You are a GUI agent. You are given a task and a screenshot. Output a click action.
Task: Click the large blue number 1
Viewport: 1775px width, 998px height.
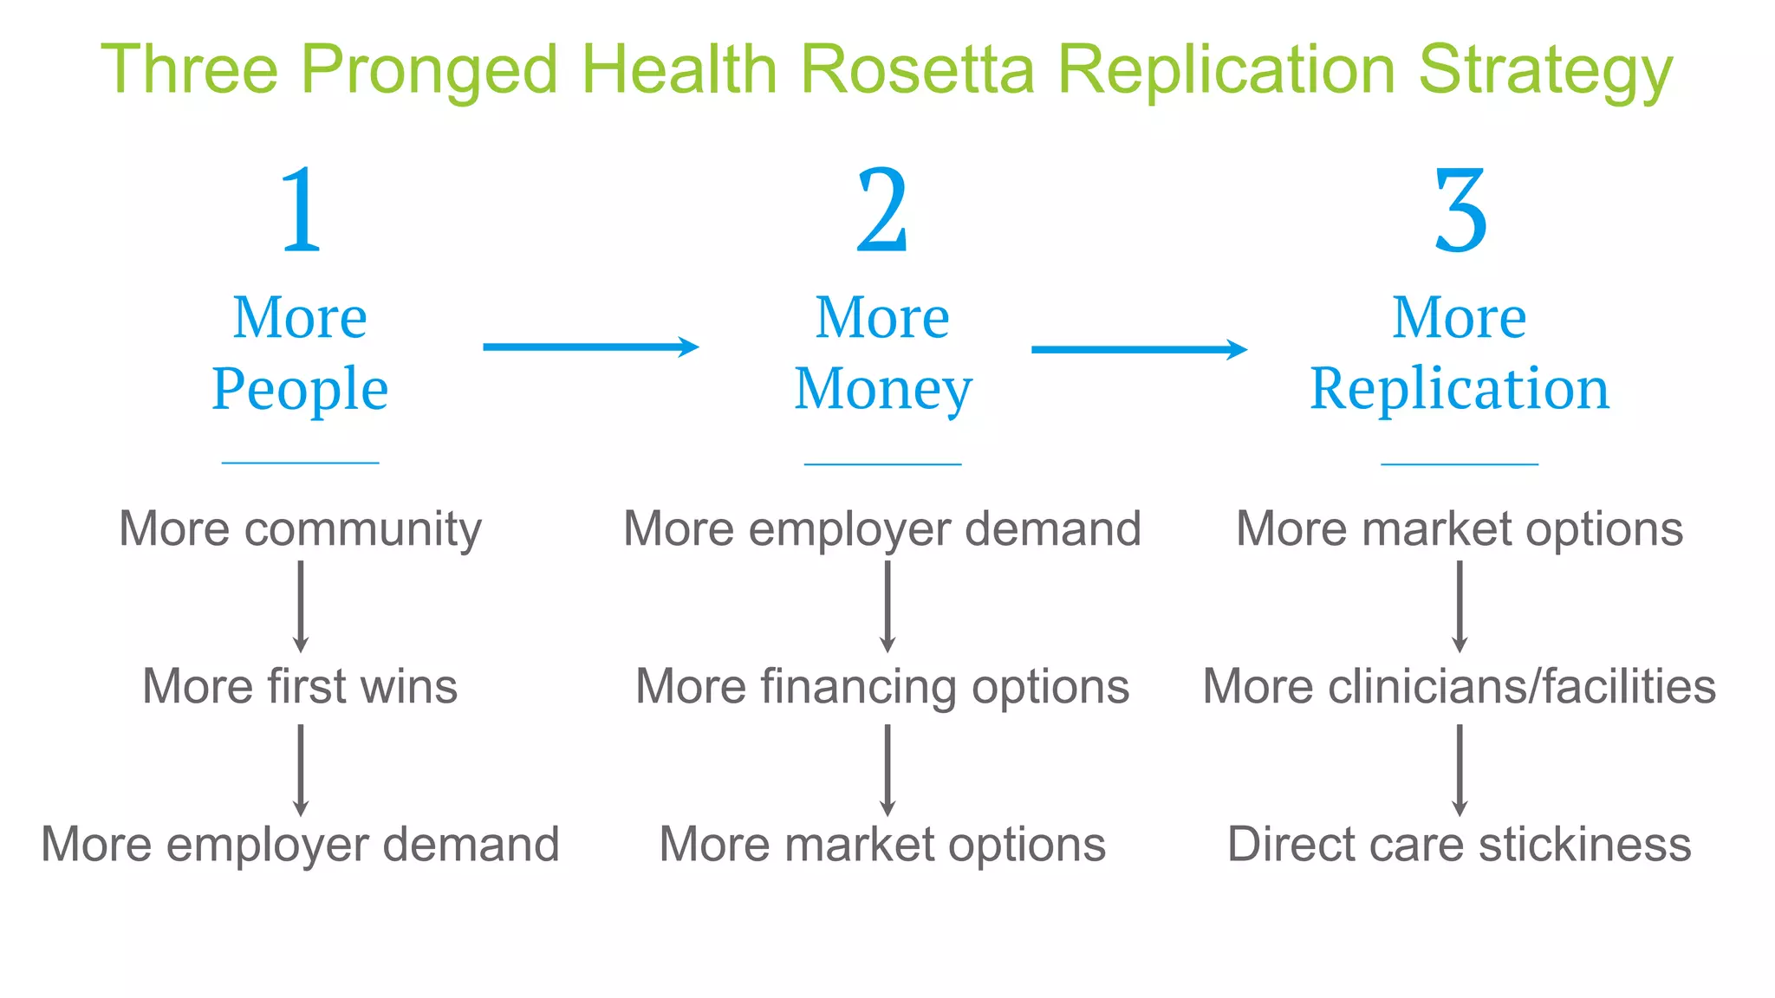tap(301, 211)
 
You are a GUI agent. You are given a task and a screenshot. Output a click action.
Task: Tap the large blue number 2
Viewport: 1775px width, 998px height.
tap(882, 211)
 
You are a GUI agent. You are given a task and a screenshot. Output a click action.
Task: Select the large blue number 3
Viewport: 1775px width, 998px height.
tap(1460, 211)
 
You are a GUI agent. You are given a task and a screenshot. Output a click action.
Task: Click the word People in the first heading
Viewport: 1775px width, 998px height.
tap(300, 389)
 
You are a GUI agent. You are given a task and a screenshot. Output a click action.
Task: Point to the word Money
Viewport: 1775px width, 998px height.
tap(883, 389)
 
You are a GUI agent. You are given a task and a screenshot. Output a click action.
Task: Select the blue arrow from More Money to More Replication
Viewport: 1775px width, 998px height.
tap(1139, 349)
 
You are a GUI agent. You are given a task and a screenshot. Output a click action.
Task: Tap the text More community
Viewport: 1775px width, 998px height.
tap(300, 529)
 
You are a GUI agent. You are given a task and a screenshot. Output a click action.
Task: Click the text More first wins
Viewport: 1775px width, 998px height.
tap(300, 686)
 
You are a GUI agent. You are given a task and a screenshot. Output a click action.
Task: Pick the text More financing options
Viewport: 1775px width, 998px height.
tap(882, 687)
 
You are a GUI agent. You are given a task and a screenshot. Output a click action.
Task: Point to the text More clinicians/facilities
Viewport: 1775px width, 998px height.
tap(1460, 686)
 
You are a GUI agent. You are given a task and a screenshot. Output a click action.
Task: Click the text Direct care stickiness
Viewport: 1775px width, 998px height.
tap(1460, 844)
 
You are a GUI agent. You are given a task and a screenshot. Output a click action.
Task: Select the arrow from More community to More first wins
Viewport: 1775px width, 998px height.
tap(301, 606)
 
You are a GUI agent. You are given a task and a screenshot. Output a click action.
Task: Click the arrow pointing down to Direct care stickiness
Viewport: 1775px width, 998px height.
tap(1460, 770)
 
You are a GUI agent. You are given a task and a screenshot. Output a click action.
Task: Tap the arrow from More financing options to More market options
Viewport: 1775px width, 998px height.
tap(887, 770)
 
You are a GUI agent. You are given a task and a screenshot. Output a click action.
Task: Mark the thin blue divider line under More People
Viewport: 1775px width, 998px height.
tap(300, 463)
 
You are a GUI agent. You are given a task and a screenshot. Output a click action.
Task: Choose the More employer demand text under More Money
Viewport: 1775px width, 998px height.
tap(882, 528)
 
